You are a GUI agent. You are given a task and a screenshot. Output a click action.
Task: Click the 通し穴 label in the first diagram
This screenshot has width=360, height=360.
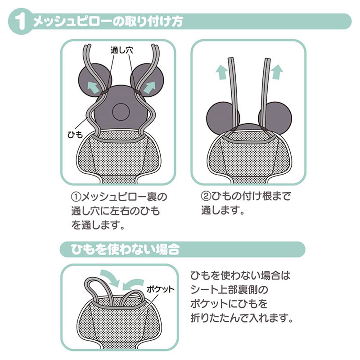[x=121, y=50]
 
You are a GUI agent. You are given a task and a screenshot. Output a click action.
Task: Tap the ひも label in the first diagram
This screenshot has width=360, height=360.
[x=75, y=135]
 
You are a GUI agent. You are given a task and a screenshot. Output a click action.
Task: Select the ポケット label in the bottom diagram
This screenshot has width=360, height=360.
[x=161, y=289]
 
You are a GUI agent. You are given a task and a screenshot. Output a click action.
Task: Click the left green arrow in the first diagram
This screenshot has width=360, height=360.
[x=94, y=88]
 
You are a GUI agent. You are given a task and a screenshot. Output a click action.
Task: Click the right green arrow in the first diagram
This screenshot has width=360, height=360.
[x=149, y=88]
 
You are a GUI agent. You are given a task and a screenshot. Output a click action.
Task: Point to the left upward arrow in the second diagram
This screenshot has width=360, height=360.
[x=221, y=72]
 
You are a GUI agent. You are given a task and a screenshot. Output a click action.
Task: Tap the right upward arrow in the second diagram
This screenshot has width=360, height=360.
[x=277, y=72]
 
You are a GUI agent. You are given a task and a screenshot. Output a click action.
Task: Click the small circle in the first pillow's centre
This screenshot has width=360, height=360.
[x=121, y=112]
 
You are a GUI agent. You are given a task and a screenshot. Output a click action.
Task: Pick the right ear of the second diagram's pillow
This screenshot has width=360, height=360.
[x=275, y=119]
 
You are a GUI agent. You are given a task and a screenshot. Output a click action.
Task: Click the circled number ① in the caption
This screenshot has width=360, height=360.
[x=76, y=197]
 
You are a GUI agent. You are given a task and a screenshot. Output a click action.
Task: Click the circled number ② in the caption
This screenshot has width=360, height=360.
[x=206, y=196]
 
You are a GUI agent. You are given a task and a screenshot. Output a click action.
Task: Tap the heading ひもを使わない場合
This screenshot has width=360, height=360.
[x=125, y=250]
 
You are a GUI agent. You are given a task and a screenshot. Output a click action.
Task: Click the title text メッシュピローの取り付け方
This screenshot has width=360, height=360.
[x=108, y=22]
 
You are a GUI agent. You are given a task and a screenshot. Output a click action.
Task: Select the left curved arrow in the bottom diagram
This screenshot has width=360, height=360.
[x=109, y=277]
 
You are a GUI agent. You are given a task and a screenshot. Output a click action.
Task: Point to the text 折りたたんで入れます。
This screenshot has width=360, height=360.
[x=242, y=318]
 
